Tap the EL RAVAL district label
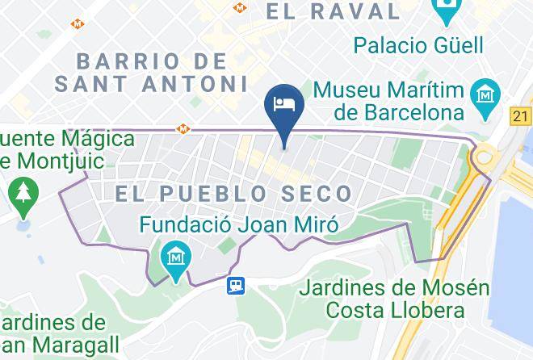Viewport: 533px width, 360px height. tap(334, 10)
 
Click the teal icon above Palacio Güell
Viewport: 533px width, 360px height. tap(445, 11)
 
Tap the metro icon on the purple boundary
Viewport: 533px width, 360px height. tap(185, 128)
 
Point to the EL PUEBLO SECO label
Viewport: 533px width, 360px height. tap(233, 194)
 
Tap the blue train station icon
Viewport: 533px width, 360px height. tap(236, 285)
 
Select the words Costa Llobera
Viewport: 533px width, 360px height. tap(394, 310)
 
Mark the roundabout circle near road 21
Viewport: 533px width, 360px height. tap(482, 156)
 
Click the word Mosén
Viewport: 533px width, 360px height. tap(460, 287)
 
